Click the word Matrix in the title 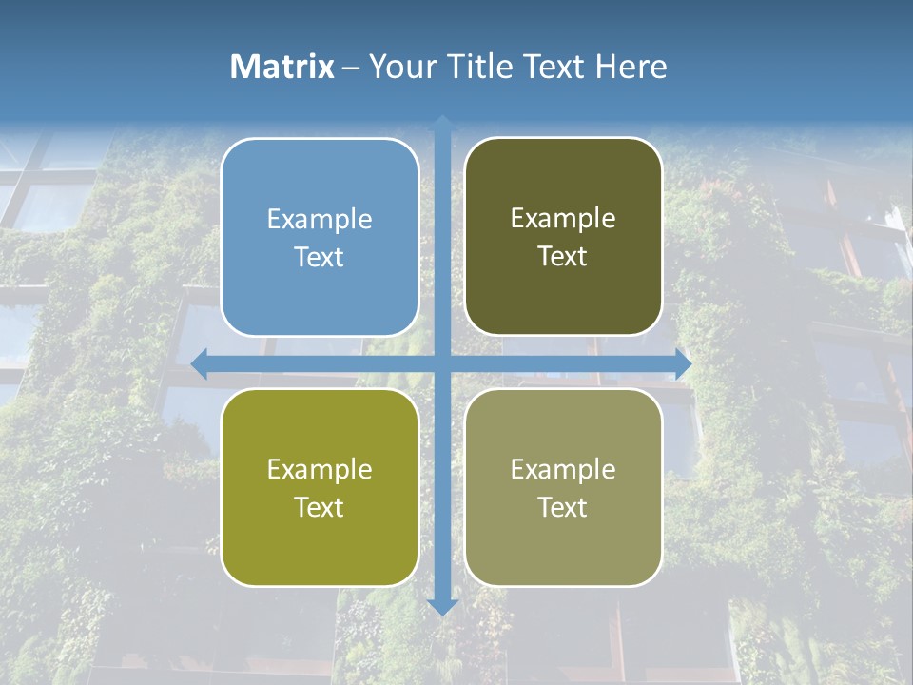click(282, 67)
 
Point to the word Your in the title click(399, 67)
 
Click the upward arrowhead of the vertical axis click(442, 123)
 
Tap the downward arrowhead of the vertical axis click(442, 606)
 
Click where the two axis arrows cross click(442, 363)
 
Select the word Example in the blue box click(320, 220)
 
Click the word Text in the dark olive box click(563, 257)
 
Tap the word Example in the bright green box click(320, 470)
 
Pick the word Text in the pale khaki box click(563, 507)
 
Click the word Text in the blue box click(320, 257)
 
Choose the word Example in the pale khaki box click(563, 470)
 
